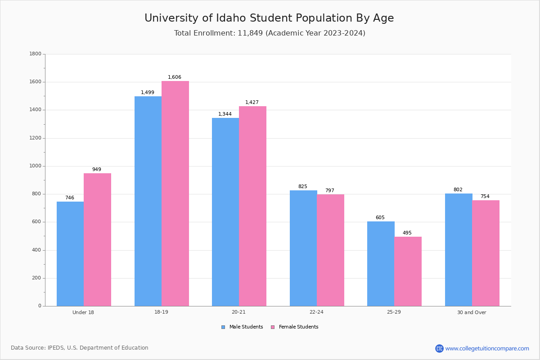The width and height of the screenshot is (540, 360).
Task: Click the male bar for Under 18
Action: [70, 254]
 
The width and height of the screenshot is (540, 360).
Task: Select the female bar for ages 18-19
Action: [175, 193]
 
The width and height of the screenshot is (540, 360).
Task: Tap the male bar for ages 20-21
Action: [225, 212]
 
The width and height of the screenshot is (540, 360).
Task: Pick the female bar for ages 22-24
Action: [330, 250]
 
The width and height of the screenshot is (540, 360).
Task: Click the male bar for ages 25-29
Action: [381, 264]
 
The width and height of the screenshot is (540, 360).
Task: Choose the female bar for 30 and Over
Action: [486, 253]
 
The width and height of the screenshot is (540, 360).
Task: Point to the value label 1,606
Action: [175, 77]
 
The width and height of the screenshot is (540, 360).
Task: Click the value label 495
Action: [407, 233]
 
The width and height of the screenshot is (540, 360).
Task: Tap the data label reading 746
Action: [70, 198]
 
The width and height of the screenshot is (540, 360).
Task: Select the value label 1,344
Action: [225, 114]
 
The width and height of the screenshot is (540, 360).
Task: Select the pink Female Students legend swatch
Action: [273, 327]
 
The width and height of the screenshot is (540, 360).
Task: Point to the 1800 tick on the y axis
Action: [35, 54]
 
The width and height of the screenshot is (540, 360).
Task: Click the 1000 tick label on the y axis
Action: [35, 166]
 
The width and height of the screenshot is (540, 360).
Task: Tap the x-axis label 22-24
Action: [316, 312]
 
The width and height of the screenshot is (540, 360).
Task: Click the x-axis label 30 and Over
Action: [472, 312]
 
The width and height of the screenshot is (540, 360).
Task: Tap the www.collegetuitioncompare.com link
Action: [487, 348]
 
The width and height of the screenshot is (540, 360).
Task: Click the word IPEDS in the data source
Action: [56, 348]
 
